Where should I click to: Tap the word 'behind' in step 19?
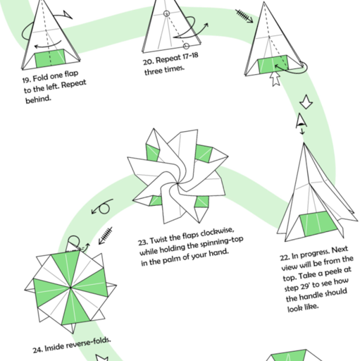point(37,99)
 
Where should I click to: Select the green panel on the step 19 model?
point(49,61)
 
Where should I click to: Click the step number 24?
point(37,349)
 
